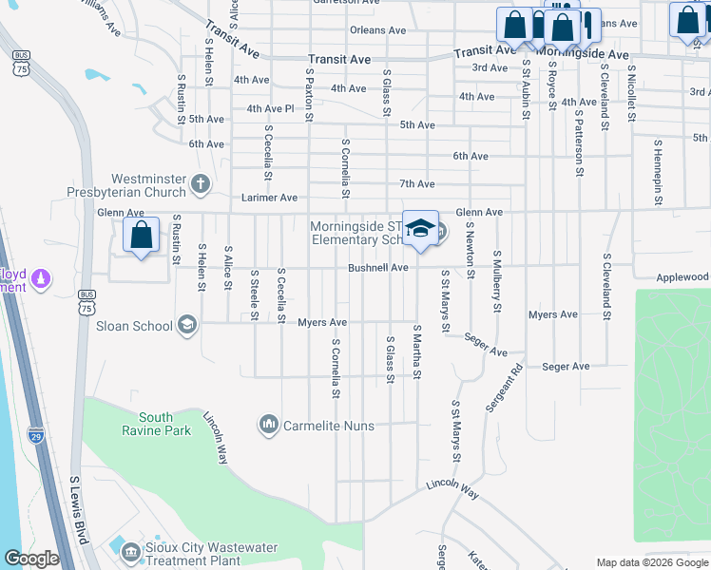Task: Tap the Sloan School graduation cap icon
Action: tap(187, 326)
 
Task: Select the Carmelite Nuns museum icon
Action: tap(269, 423)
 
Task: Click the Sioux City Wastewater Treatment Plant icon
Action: tap(129, 548)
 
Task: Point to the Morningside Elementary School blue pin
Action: tap(420, 230)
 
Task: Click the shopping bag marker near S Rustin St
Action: tap(141, 236)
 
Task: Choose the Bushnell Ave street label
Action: tap(377, 269)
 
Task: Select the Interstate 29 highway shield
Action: tap(36, 435)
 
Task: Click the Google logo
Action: tap(31, 559)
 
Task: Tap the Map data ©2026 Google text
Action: tap(650, 561)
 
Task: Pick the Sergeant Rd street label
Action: tap(504, 388)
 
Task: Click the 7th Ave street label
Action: tap(416, 183)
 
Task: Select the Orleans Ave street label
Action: tap(379, 30)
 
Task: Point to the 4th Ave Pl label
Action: tap(270, 108)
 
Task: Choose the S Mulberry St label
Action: tap(495, 282)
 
